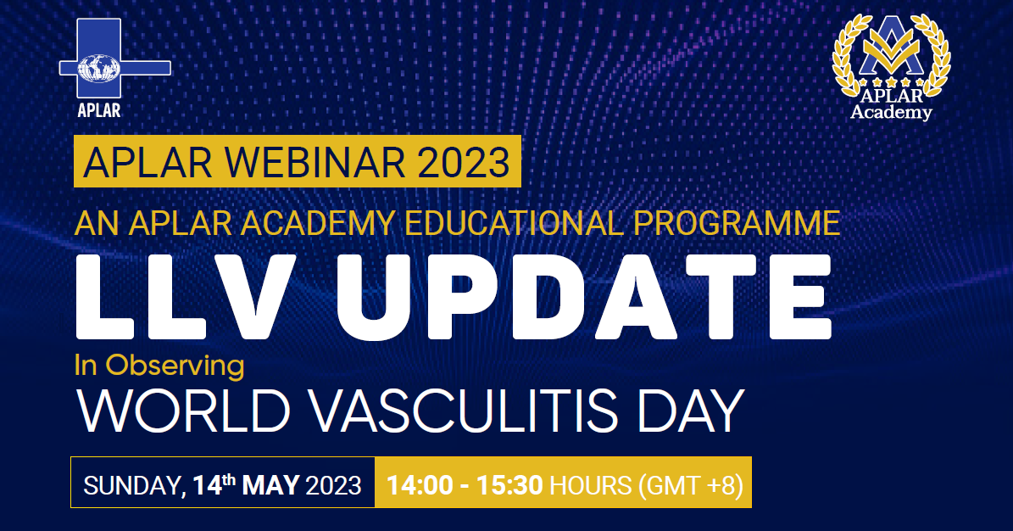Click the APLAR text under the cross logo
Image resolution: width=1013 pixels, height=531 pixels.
[x=99, y=110]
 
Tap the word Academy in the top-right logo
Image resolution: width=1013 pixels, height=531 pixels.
[x=891, y=113]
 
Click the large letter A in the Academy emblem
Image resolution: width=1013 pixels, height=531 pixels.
[x=892, y=44]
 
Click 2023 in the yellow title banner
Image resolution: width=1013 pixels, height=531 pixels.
[x=463, y=162]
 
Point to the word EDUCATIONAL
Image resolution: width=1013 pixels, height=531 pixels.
[x=514, y=223]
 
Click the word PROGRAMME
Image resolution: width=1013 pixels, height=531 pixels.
[x=737, y=223]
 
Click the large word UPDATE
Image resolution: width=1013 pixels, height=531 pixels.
[x=583, y=296]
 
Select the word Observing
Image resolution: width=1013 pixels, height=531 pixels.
[x=175, y=366]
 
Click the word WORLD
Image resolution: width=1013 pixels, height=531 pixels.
[x=183, y=411]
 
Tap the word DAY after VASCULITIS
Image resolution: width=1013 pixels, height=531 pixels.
[x=691, y=411]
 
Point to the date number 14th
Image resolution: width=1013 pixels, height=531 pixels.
[x=214, y=483]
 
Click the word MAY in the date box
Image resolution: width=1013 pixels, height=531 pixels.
[x=270, y=485]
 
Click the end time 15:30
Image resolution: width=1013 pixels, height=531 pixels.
[x=509, y=485]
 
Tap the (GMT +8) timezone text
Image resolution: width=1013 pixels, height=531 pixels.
[x=691, y=485]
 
